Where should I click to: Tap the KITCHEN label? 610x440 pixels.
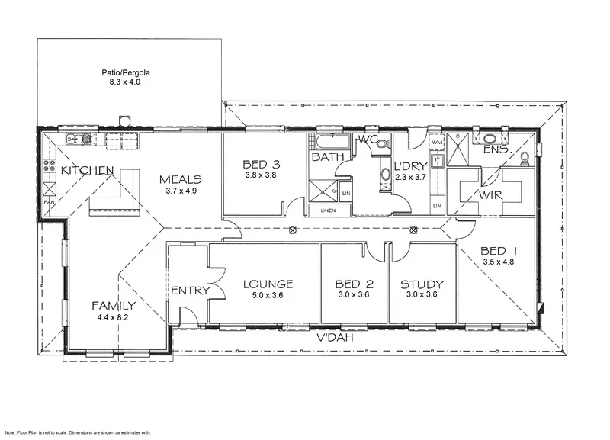tap(88, 170)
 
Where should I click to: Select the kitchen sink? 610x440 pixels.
tap(78, 139)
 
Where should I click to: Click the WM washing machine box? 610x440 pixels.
tap(437, 143)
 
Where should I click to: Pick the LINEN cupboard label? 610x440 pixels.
tap(328, 210)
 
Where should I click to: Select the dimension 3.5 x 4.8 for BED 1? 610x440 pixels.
tap(499, 262)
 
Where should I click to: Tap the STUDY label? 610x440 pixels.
tap(422, 284)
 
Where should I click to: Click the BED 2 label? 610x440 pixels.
tap(354, 284)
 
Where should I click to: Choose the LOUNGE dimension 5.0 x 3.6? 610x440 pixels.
tap(263, 296)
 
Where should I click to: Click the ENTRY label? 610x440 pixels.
tap(185, 291)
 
